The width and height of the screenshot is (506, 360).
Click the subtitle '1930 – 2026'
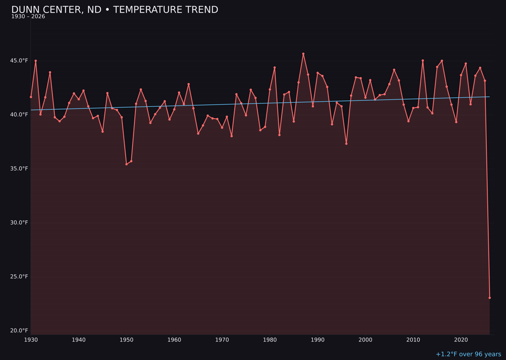(x=28, y=17)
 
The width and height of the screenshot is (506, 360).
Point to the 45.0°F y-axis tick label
(x=19, y=61)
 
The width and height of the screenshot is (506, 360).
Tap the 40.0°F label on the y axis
(x=19, y=115)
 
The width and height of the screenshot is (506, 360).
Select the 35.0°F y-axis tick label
(x=19, y=169)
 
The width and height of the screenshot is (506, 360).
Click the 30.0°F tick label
(x=19, y=223)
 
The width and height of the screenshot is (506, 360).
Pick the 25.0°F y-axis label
(x=19, y=277)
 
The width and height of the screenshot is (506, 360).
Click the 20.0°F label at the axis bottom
(x=19, y=330)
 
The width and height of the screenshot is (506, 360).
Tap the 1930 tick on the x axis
(x=31, y=340)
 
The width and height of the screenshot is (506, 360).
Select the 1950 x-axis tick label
(x=126, y=340)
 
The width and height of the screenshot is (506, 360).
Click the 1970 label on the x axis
(x=222, y=340)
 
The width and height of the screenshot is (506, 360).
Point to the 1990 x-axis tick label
(x=318, y=340)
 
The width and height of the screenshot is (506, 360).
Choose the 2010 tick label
(x=413, y=340)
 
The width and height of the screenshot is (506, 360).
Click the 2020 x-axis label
(x=461, y=340)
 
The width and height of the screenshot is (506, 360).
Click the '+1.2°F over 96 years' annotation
(x=468, y=354)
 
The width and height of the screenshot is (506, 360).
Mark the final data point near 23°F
(x=490, y=298)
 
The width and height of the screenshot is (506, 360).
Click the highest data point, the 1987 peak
(x=303, y=54)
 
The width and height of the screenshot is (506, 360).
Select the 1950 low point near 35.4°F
(x=126, y=164)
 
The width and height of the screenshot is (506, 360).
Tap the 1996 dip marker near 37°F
(x=346, y=143)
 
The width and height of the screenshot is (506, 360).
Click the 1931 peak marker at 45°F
(x=36, y=61)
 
